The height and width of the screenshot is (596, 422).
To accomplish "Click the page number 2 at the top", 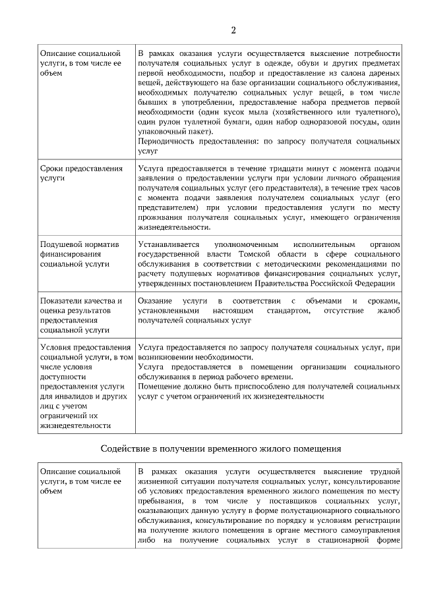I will (x=233, y=29).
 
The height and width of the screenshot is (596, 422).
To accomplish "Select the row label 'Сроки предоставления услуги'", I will (x=81, y=173).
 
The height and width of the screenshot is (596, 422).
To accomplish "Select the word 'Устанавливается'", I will (x=170, y=244).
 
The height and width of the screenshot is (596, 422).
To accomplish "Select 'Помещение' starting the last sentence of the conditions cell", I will (x=161, y=387).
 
